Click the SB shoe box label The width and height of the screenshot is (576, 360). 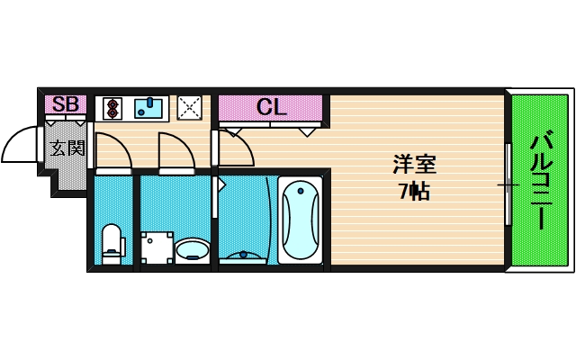(x=65, y=105)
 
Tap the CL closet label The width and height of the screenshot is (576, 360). (x=271, y=107)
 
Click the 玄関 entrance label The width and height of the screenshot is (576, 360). (x=67, y=148)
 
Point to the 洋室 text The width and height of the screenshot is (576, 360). (x=414, y=166)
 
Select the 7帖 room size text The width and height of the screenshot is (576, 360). (x=414, y=190)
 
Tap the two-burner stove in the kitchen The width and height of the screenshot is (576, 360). (x=113, y=108)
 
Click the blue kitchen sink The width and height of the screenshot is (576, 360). (x=150, y=108)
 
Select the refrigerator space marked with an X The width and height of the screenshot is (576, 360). (x=190, y=107)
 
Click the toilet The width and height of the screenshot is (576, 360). (x=112, y=243)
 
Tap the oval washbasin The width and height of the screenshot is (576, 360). (x=192, y=248)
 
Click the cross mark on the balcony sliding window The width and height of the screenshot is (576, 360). (x=508, y=184)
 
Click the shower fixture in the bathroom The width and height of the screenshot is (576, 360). (x=244, y=256)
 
